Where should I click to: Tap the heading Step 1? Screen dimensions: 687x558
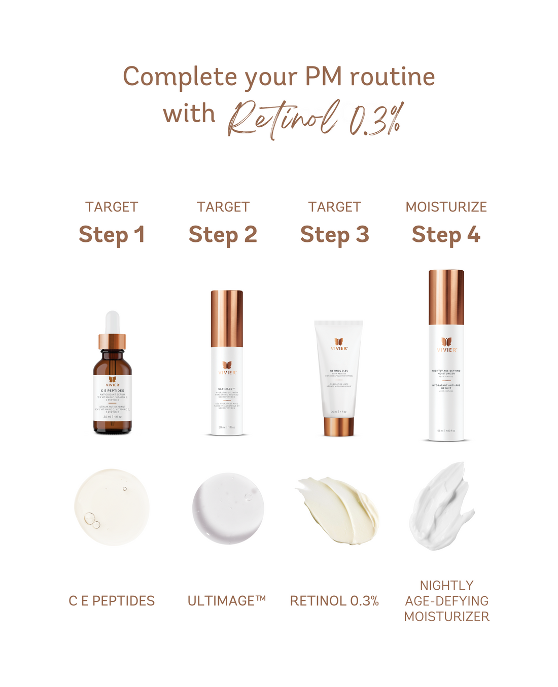coord(112,235)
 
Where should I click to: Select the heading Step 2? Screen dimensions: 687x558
coord(223,235)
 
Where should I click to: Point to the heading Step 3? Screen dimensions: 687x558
coord(334,235)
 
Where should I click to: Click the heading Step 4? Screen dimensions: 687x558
coord(446,235)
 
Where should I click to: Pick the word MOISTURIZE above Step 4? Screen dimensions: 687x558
coord(446,207)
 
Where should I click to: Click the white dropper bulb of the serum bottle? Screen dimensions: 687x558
coord(112,322)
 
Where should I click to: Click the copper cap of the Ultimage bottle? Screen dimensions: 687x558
coord(227,311)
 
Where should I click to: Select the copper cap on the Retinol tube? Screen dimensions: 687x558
coord(338,426)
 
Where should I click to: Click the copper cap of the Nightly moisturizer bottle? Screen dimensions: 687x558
coord(446,297)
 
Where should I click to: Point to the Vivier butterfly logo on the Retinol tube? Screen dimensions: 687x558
coord(339,342)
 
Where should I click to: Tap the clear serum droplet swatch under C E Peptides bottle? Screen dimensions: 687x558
coord(112,508)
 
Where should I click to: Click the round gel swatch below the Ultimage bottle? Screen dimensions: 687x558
coord(228,509)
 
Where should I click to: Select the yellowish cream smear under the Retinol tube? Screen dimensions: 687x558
coord(339,510)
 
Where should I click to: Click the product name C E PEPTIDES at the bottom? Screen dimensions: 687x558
coord(112,601)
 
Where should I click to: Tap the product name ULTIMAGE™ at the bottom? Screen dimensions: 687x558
coord(227,601)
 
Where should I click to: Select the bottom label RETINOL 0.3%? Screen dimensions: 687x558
coord(334,601)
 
